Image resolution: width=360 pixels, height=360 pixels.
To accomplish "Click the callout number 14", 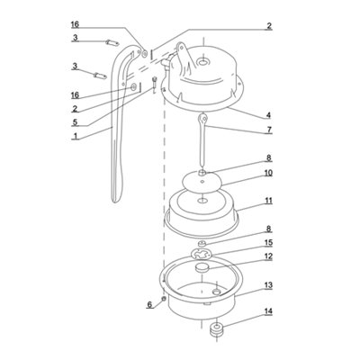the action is click(268, 311).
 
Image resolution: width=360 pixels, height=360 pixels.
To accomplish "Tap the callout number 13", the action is click(268, 284).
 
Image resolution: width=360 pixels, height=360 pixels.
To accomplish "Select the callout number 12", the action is click(268, 256).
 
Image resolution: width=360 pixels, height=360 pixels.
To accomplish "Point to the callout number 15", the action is click(268, 242).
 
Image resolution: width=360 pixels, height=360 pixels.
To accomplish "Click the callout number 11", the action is click(268, 201).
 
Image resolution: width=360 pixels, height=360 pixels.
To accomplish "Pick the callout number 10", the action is click(268, 173).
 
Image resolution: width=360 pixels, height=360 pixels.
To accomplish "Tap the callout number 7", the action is click(269, 130).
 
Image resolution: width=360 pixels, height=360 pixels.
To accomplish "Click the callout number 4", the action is click(268, 115).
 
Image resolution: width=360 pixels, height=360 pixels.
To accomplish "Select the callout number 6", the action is click(149, 305).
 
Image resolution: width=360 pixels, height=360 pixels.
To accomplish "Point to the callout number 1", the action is click(76, 136).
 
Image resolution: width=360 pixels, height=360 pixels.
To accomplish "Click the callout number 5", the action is click(75, 122).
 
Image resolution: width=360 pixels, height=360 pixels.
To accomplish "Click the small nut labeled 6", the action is click(164, 299).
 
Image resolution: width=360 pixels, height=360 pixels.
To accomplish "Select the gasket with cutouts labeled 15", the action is click(202, 255).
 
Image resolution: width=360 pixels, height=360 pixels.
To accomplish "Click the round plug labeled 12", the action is click(202, 267).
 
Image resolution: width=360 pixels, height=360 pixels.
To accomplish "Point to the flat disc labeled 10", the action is click(202, 182).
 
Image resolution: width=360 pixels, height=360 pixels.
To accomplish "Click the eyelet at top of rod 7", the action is click(204, 118).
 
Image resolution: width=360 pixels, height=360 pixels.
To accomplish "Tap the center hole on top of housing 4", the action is click(203, 63).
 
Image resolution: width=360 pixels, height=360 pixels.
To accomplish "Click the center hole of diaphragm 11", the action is click(202, 200).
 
